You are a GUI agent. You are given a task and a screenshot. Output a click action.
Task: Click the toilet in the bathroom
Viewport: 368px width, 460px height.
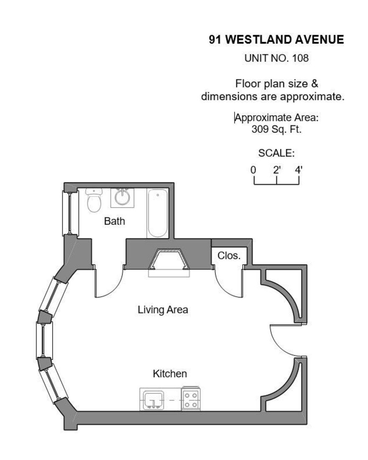pyautogui.click(x=94, y=200)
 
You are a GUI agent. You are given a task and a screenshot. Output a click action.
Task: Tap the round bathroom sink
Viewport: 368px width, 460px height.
pyautogui.click(x=122, y=197)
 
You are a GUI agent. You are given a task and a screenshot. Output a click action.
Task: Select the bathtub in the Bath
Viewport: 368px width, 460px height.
pyautogui.click(x=158, y=213)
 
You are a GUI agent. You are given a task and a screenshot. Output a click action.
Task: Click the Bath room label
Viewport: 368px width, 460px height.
pyautogui.click(x=115, y=221)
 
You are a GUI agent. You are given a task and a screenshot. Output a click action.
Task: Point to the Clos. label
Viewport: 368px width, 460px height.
pyautogui.click(x=229, y=256)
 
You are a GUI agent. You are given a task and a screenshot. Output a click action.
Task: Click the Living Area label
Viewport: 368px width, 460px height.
pyautogui.click(x=163, y=310)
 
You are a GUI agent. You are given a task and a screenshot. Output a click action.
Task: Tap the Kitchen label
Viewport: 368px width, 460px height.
pyautogui.click(x=170, y=373)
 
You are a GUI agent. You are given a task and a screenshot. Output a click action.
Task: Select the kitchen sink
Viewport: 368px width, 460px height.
pyautogui.click(x=153, y=400)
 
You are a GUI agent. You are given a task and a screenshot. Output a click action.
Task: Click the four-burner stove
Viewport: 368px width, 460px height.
pyautogui.click(x=191, y=399)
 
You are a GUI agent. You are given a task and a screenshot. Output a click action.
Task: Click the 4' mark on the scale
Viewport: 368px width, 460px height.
pyautogui.click(x=299, y=170)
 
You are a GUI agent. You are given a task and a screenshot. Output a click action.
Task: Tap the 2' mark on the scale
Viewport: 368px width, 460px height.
pyautogui.click(x=277, y=170)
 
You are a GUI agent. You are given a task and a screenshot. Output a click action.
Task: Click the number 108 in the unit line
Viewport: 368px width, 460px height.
pyautogui.click(x=300, y=58)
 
